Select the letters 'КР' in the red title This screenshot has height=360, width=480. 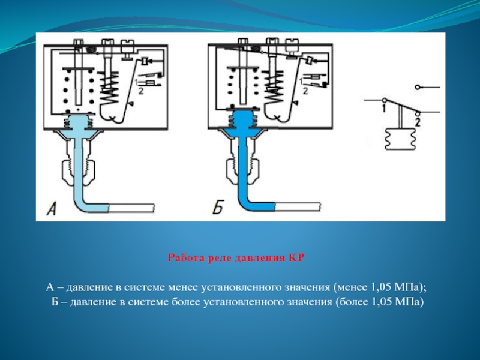click(x=296, y=258)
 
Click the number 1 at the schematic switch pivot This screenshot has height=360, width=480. click(x=383, y=108)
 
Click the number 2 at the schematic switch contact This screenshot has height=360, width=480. click(x=417, y=122)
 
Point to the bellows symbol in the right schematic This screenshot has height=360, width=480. click(x=400, y=139)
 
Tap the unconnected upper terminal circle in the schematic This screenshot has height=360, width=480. click(x=417, y=87)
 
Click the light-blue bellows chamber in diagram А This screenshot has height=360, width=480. click(x=78, y=122)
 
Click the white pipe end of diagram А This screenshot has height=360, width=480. click(x=131, y=208)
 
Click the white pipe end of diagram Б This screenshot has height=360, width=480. click(x=298, y=206)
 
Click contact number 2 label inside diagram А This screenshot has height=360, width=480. click(x=141, y=91)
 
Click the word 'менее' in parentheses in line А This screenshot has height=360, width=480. click(x=352, y=287)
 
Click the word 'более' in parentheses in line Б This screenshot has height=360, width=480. click(x=353, y=302)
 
